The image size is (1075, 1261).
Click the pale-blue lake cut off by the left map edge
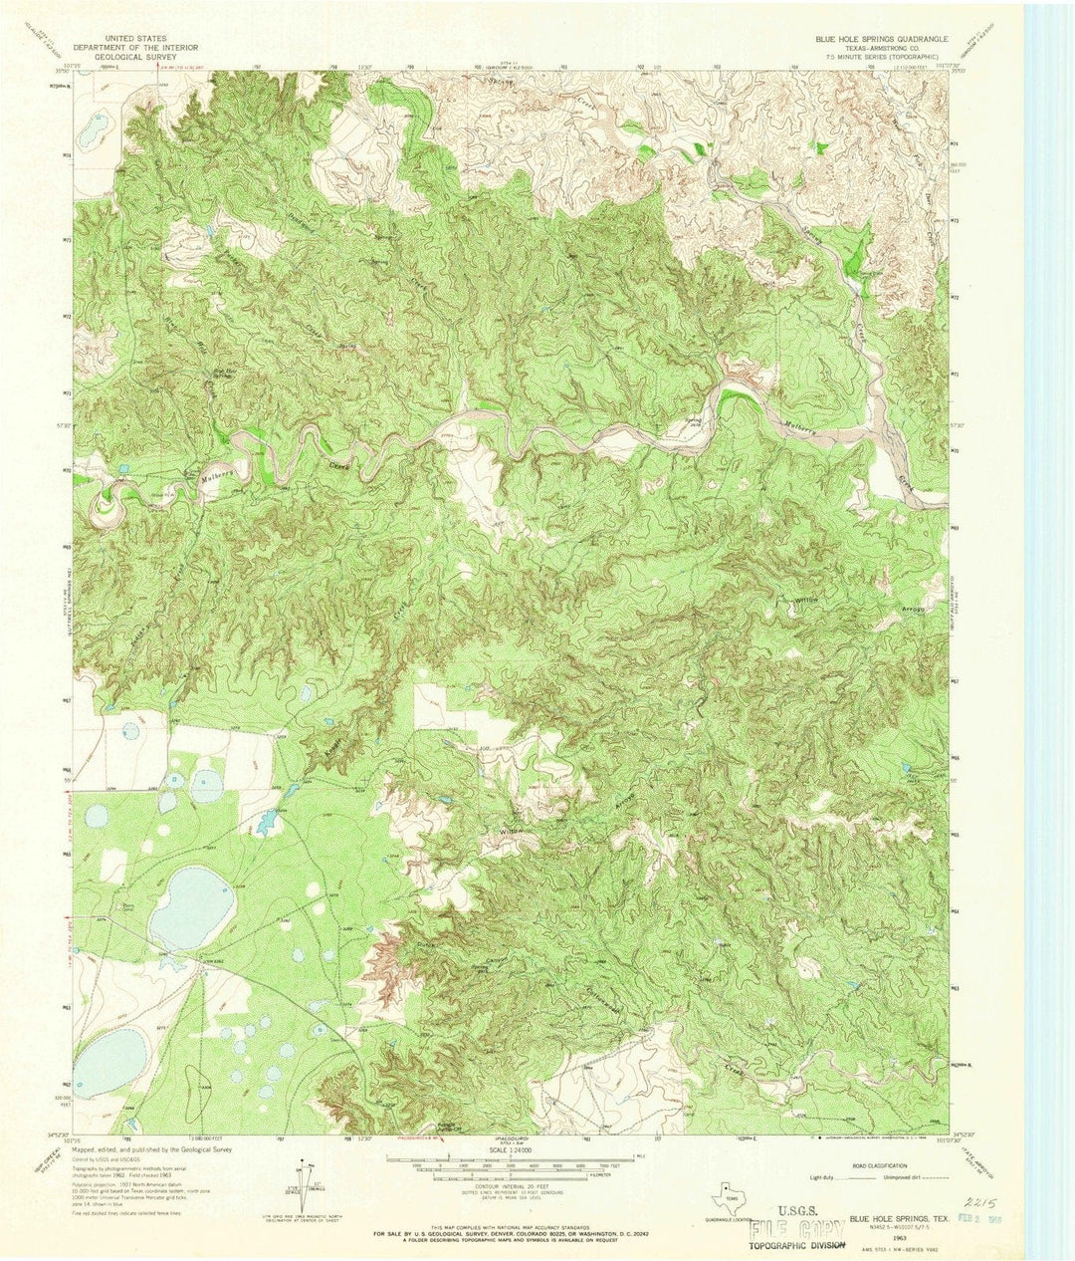(x=109, y=1060)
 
